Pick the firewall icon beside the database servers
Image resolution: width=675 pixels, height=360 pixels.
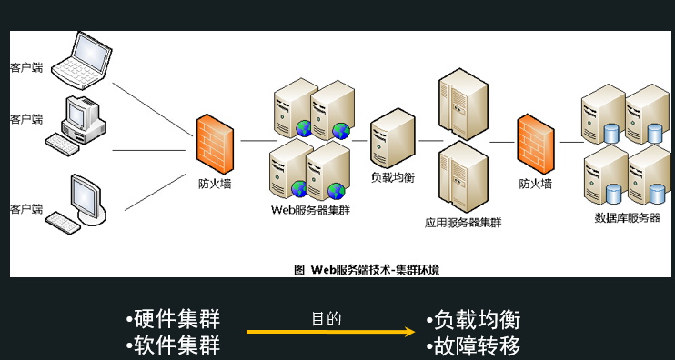535,142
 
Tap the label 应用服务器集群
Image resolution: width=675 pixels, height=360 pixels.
463,222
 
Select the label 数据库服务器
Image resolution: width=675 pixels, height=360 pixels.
627,218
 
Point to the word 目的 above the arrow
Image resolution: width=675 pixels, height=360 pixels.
326,319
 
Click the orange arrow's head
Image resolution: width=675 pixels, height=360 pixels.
410,333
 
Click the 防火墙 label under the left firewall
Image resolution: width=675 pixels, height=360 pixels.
215,184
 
